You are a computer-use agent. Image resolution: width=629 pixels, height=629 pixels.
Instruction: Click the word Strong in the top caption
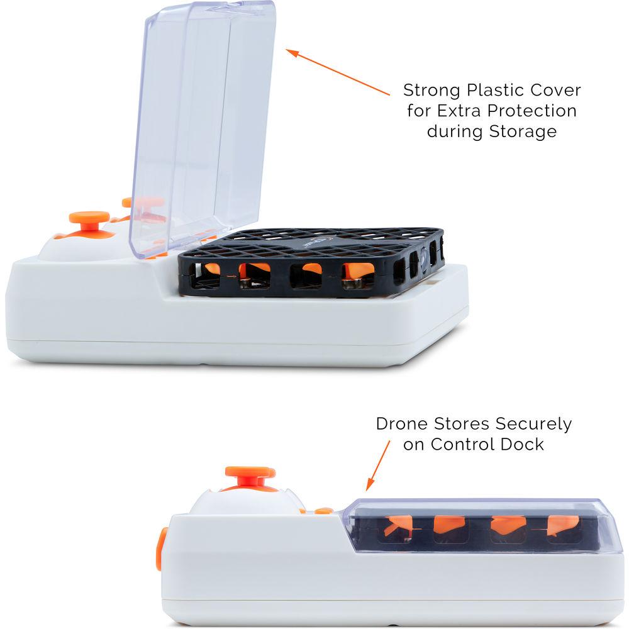tap(431, 91)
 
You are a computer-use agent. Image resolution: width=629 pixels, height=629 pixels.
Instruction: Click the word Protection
tap(532, 111)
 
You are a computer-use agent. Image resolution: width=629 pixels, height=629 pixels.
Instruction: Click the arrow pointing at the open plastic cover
tap(338, 72)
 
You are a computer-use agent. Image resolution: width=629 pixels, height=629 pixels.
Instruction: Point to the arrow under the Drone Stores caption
tap(378, 465)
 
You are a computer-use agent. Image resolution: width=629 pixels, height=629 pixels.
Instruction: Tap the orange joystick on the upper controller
tap(89, 221)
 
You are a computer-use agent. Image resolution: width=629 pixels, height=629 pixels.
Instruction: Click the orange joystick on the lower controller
tap(250, 477)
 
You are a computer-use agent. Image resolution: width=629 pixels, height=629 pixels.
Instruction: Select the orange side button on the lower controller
tap(161, 548)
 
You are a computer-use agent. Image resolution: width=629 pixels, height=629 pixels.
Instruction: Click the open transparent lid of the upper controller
tap(203, 128)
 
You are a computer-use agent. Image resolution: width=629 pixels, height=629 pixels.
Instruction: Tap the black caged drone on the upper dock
tap(311, 263)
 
